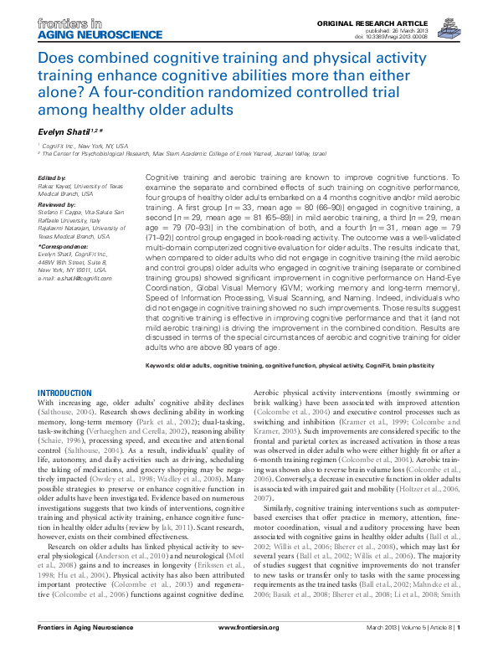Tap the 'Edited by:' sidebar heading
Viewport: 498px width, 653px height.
coord(52,178)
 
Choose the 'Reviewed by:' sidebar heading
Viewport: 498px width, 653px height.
coord(55,203)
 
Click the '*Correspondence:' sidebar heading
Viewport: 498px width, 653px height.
coord(62,248)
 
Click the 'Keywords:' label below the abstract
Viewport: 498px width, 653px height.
coord(164,366)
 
